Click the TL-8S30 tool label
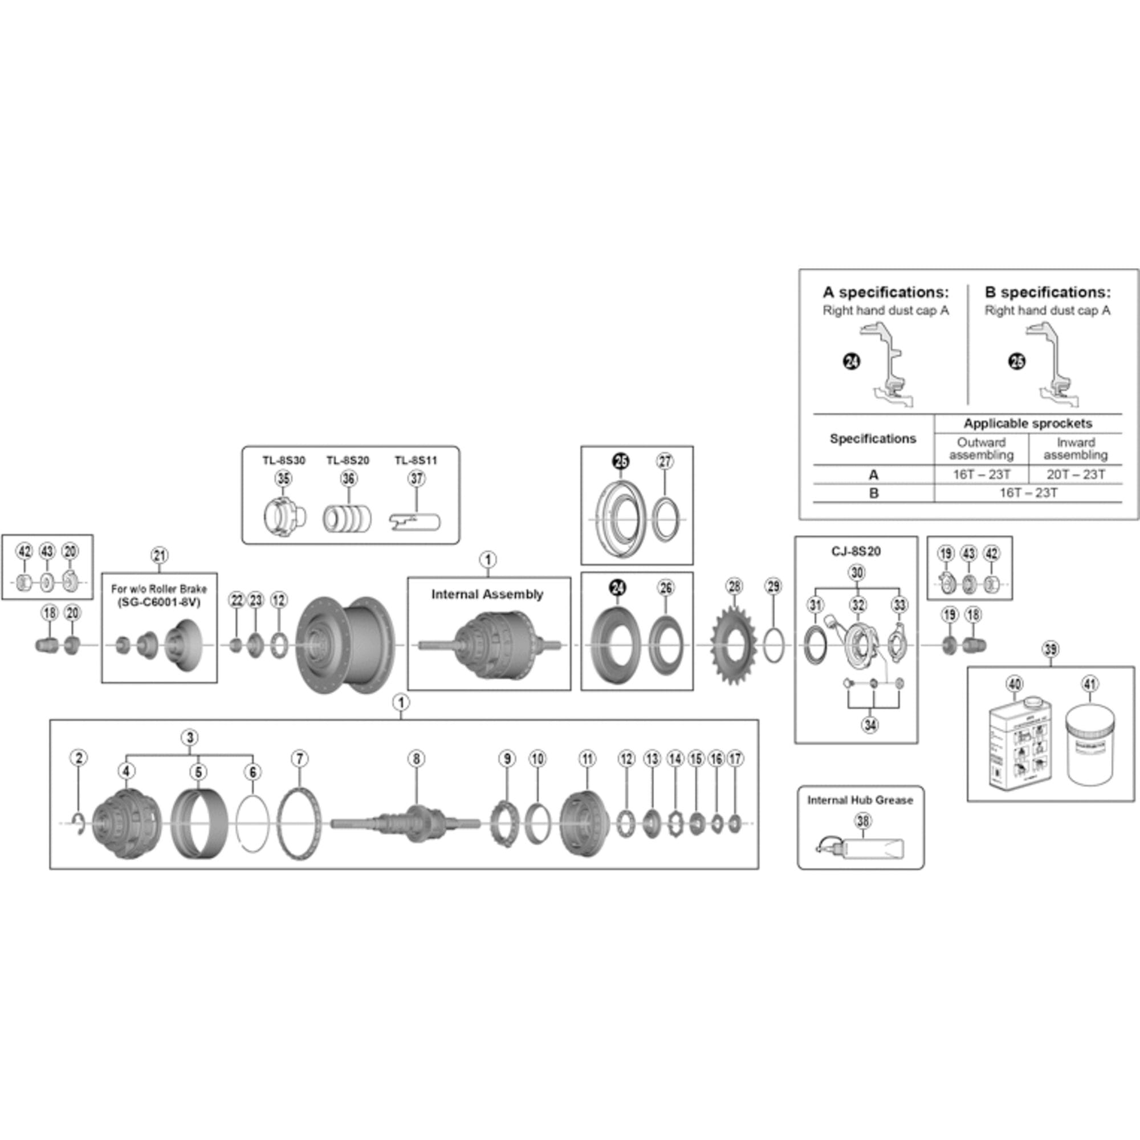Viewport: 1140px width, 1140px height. (x=284, y=461)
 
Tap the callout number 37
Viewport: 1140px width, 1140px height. (x=417, y=479)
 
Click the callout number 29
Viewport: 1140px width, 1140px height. (x=773, y=587)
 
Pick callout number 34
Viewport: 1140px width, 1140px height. (x=870, y=724)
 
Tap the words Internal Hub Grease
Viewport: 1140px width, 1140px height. (x=860, y=800)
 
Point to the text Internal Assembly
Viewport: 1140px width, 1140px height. (x=487, y=594)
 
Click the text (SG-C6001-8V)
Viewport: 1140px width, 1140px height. (x=160, y=602)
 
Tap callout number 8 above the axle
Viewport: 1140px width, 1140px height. (x=416, y=759)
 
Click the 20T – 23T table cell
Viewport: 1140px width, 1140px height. (x=1075, y=474)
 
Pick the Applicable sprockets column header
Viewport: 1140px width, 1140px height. (x=1027, y=423)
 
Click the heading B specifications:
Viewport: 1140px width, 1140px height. (x=1047, y=292)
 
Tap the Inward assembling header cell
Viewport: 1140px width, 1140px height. (x=1075, y=449)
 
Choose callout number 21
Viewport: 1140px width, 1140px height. (x=160, y=555)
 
